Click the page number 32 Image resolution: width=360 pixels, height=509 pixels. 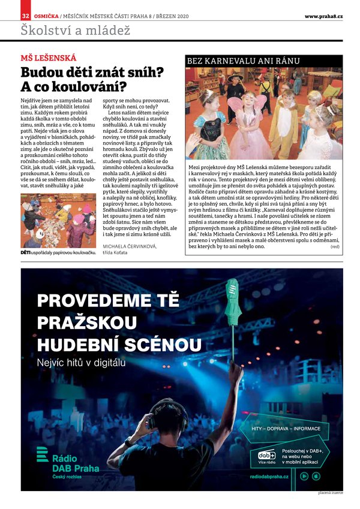click(25, 16)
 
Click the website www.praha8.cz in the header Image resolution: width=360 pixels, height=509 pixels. click(323, 16)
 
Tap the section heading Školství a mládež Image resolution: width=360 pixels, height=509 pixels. click(75, 30)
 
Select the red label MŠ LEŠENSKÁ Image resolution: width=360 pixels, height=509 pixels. click(49, 58)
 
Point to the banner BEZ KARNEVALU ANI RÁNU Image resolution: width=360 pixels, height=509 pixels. click(243, 61)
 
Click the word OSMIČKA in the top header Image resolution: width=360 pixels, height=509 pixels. click(46, 16)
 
